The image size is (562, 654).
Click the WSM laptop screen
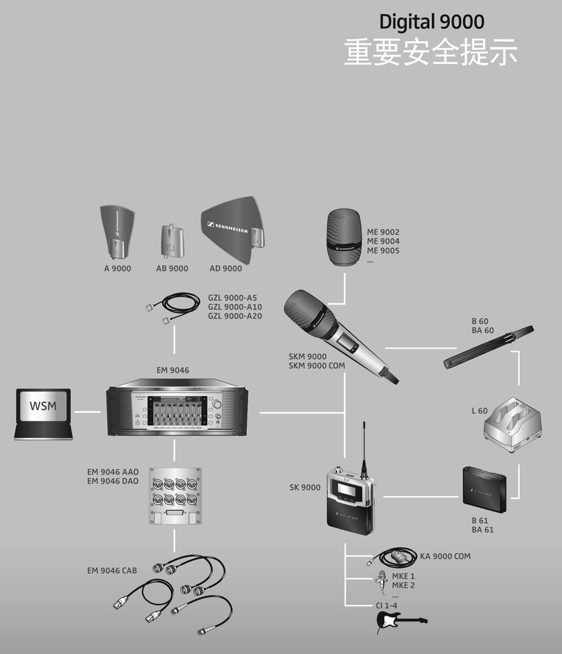43,405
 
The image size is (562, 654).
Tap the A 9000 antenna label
117,269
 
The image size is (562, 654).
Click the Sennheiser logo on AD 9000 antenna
227,228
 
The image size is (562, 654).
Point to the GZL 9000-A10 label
235,307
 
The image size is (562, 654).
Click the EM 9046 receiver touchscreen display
179,411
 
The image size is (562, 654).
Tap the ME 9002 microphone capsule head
344,237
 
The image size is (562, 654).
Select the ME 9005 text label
383,251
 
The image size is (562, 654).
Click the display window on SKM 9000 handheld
348,341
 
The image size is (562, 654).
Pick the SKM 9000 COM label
317,366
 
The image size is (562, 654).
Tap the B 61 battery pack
484,489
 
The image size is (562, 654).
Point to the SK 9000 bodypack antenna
364,448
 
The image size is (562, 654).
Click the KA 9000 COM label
445,556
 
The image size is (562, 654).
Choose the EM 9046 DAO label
112,481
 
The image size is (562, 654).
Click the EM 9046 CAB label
112,571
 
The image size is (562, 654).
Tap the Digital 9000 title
431,22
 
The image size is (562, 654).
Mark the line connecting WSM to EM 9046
87,412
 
